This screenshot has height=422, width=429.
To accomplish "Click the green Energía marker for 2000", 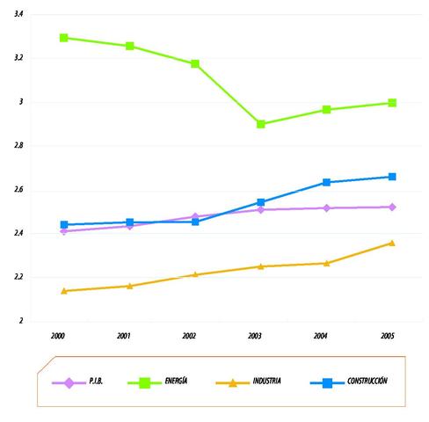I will coord(64,38).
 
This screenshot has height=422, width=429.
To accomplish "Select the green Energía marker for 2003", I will coord(261,124).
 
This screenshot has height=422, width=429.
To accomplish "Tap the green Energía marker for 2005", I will coord(392,103).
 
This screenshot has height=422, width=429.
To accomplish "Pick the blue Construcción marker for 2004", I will coord(326,182).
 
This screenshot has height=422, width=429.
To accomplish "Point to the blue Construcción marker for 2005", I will coord(392,177).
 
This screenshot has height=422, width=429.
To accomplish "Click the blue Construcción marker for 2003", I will coord(261,202).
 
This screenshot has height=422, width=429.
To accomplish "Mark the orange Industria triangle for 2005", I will coord(392,243).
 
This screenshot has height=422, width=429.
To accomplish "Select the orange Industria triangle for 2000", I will coord(64,290).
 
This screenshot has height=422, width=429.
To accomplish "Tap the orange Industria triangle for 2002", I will coord(195,274).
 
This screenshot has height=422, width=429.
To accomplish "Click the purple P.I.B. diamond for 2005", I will coord(392,207).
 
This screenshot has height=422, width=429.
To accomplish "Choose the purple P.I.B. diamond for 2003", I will coord(261,209).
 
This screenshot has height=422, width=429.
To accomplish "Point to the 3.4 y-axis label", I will coord(19,15).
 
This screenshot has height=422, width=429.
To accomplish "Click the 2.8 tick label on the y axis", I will coord(19,146).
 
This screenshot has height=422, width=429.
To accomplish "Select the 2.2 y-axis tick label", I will coord(19,277).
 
